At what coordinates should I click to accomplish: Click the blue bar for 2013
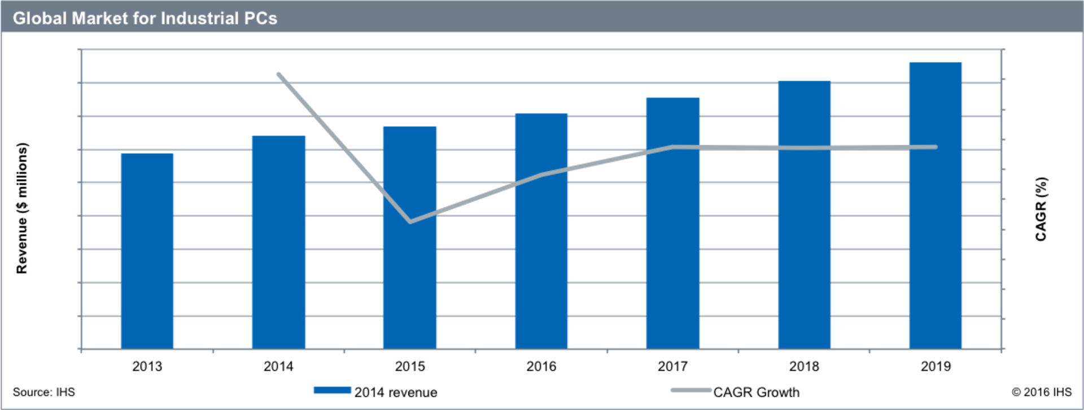point(147,251)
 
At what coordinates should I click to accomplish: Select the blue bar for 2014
point(278,243)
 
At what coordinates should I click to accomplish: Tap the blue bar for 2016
point(541,232)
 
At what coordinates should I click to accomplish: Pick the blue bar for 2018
point(804,215)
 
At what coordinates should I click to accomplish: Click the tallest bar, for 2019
point(935,206)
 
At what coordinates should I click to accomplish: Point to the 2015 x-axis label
point(410,367)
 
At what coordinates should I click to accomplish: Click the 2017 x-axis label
point(672,367)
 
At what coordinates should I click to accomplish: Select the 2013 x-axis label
point(147,367)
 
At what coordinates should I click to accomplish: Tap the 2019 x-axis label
point(936,367)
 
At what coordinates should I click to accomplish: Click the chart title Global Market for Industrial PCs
point(145,18)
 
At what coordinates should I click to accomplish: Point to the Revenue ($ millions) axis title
point(22,208)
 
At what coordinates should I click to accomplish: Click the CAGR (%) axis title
point(1041,209)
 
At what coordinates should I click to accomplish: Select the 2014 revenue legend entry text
point(396,392)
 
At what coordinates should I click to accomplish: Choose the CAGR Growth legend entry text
point(756,392)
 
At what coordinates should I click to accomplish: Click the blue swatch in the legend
point(332,390)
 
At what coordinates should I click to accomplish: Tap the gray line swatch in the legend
point(690,390)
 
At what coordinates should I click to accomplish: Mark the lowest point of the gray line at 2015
point(410,221)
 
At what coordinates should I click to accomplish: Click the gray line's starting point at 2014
point(278,74)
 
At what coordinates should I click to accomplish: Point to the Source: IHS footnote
point(43,392)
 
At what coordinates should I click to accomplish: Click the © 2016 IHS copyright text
point(1041,392)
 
